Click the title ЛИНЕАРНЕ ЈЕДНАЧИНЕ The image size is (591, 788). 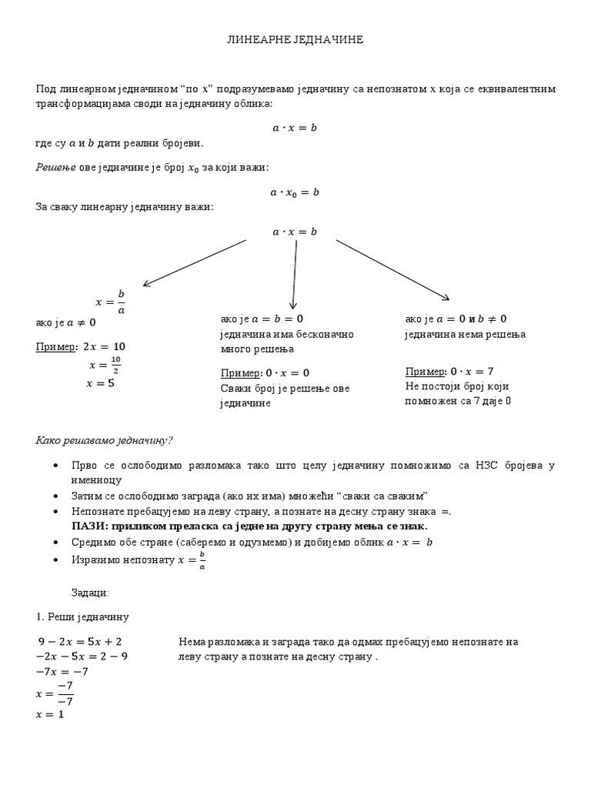pos(295,39)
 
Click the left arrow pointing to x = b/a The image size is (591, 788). pos(195,262)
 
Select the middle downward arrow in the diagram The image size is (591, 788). pos(295,272)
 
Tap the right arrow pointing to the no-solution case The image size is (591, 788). pos(392,269)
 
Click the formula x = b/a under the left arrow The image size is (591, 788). pos(110,301)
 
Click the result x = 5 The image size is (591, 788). pos(101,382)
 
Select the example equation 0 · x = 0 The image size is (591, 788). pos(282,373)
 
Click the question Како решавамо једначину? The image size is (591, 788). pos(105,440)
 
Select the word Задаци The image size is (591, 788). pos(90,593)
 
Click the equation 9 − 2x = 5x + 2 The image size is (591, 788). pos(80,641)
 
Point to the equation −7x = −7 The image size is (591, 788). pos(62,671)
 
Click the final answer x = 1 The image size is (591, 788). pos(50,714)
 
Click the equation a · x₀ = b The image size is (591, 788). pos(295,192)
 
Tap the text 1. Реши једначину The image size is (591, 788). pos(82,617)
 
